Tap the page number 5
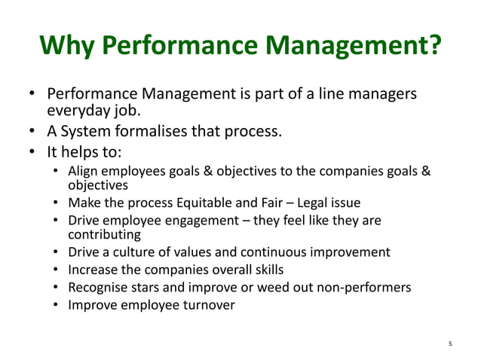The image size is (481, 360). coord(449,344)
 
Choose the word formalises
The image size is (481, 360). coord(159,133)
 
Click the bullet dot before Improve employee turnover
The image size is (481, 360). coord(57,305)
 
